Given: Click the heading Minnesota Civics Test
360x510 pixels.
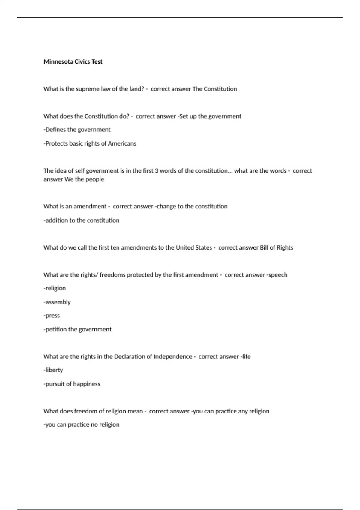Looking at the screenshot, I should tap(73, 62).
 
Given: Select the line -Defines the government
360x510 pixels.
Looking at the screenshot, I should tap(77, 130).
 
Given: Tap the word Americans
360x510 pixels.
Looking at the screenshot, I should tap(122, 143).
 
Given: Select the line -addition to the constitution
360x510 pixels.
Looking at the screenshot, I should tap(81, 220).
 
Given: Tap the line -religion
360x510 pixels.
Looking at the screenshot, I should tap(55, 288).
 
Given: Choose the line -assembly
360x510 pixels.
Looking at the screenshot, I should tap(57, 302).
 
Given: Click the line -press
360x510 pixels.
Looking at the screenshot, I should tap(52, 316).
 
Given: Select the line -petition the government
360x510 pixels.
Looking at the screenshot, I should tap(77, 329).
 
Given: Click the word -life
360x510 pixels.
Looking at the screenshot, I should tap(245, 357).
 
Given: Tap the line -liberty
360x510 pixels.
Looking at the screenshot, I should tap(53, 370).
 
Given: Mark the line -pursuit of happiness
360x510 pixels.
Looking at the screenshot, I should tap(72, 384).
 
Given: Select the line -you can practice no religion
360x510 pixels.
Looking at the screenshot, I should tap(81, 425).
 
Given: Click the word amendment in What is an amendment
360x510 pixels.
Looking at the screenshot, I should tap(90, 207).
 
